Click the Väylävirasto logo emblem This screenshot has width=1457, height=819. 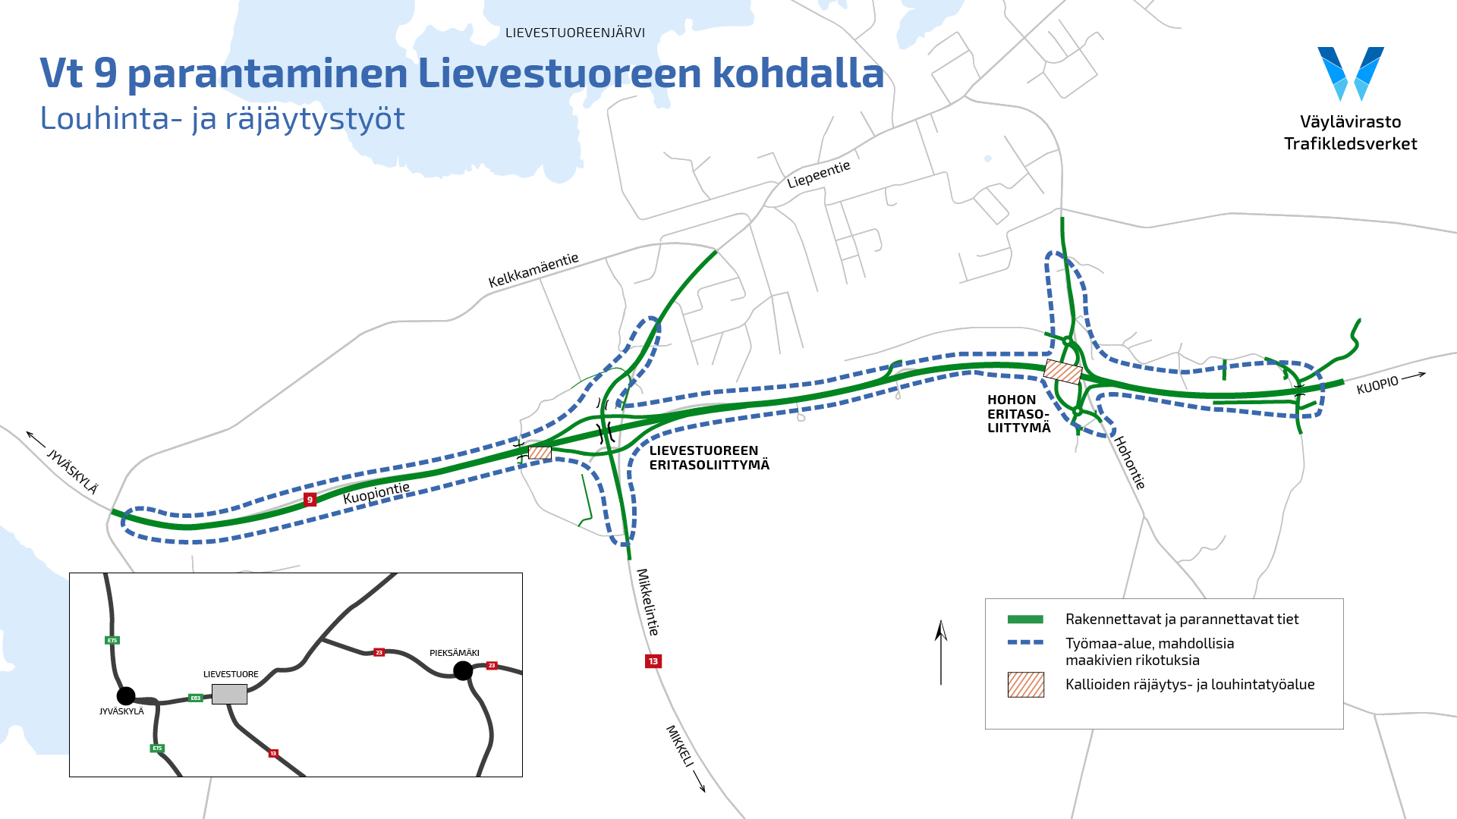[x=1351, y=74]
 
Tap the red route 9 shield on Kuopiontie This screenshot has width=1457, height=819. [x=310, y=499]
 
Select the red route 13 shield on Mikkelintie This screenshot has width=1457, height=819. [x=653, y=661]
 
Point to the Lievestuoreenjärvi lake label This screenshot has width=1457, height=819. [x=575, y=33]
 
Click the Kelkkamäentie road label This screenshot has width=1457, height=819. [x=533, y=270]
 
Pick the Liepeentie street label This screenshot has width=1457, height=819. [x=819, y=174]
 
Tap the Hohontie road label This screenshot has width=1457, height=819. [x=1129, y=463]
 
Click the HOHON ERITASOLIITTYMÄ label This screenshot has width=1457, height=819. [x=1018, y=413]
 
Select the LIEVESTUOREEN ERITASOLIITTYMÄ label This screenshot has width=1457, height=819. [x=709, y=458]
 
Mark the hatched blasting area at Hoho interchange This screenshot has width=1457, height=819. [x=1063, y=372]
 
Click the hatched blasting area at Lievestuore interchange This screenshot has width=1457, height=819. [x=540, y=453]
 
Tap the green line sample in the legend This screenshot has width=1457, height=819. [x=1025, y=620]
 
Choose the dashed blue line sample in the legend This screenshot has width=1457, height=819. [x=1025, y=643]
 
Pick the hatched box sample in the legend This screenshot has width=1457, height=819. [x=1025, y=685]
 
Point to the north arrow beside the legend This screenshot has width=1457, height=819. [x=941, y=652]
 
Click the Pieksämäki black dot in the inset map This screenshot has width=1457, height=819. [x=463, y=670]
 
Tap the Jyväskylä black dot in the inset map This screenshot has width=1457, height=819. [x=126, y=695]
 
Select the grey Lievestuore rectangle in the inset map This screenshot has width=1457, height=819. [x=229, y=694]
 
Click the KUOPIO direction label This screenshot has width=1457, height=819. [x=1377, y=384]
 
